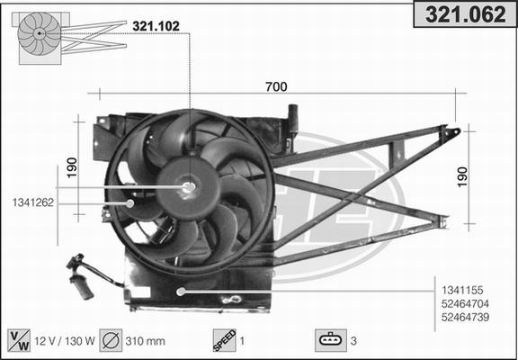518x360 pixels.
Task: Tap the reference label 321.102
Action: point(155,26)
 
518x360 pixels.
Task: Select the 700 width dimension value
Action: point(276,86)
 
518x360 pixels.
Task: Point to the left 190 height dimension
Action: point(72,166)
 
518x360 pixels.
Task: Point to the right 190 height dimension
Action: point(462,176)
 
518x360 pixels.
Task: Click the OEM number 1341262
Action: point(33,202)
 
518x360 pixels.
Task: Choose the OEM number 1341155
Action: point(464,290)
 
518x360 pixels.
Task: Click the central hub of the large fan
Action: point(189,188)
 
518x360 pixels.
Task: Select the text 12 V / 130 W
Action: point(65,341)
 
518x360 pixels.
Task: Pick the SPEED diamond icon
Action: point(223,340)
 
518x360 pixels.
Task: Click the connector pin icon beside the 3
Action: point(330,340)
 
